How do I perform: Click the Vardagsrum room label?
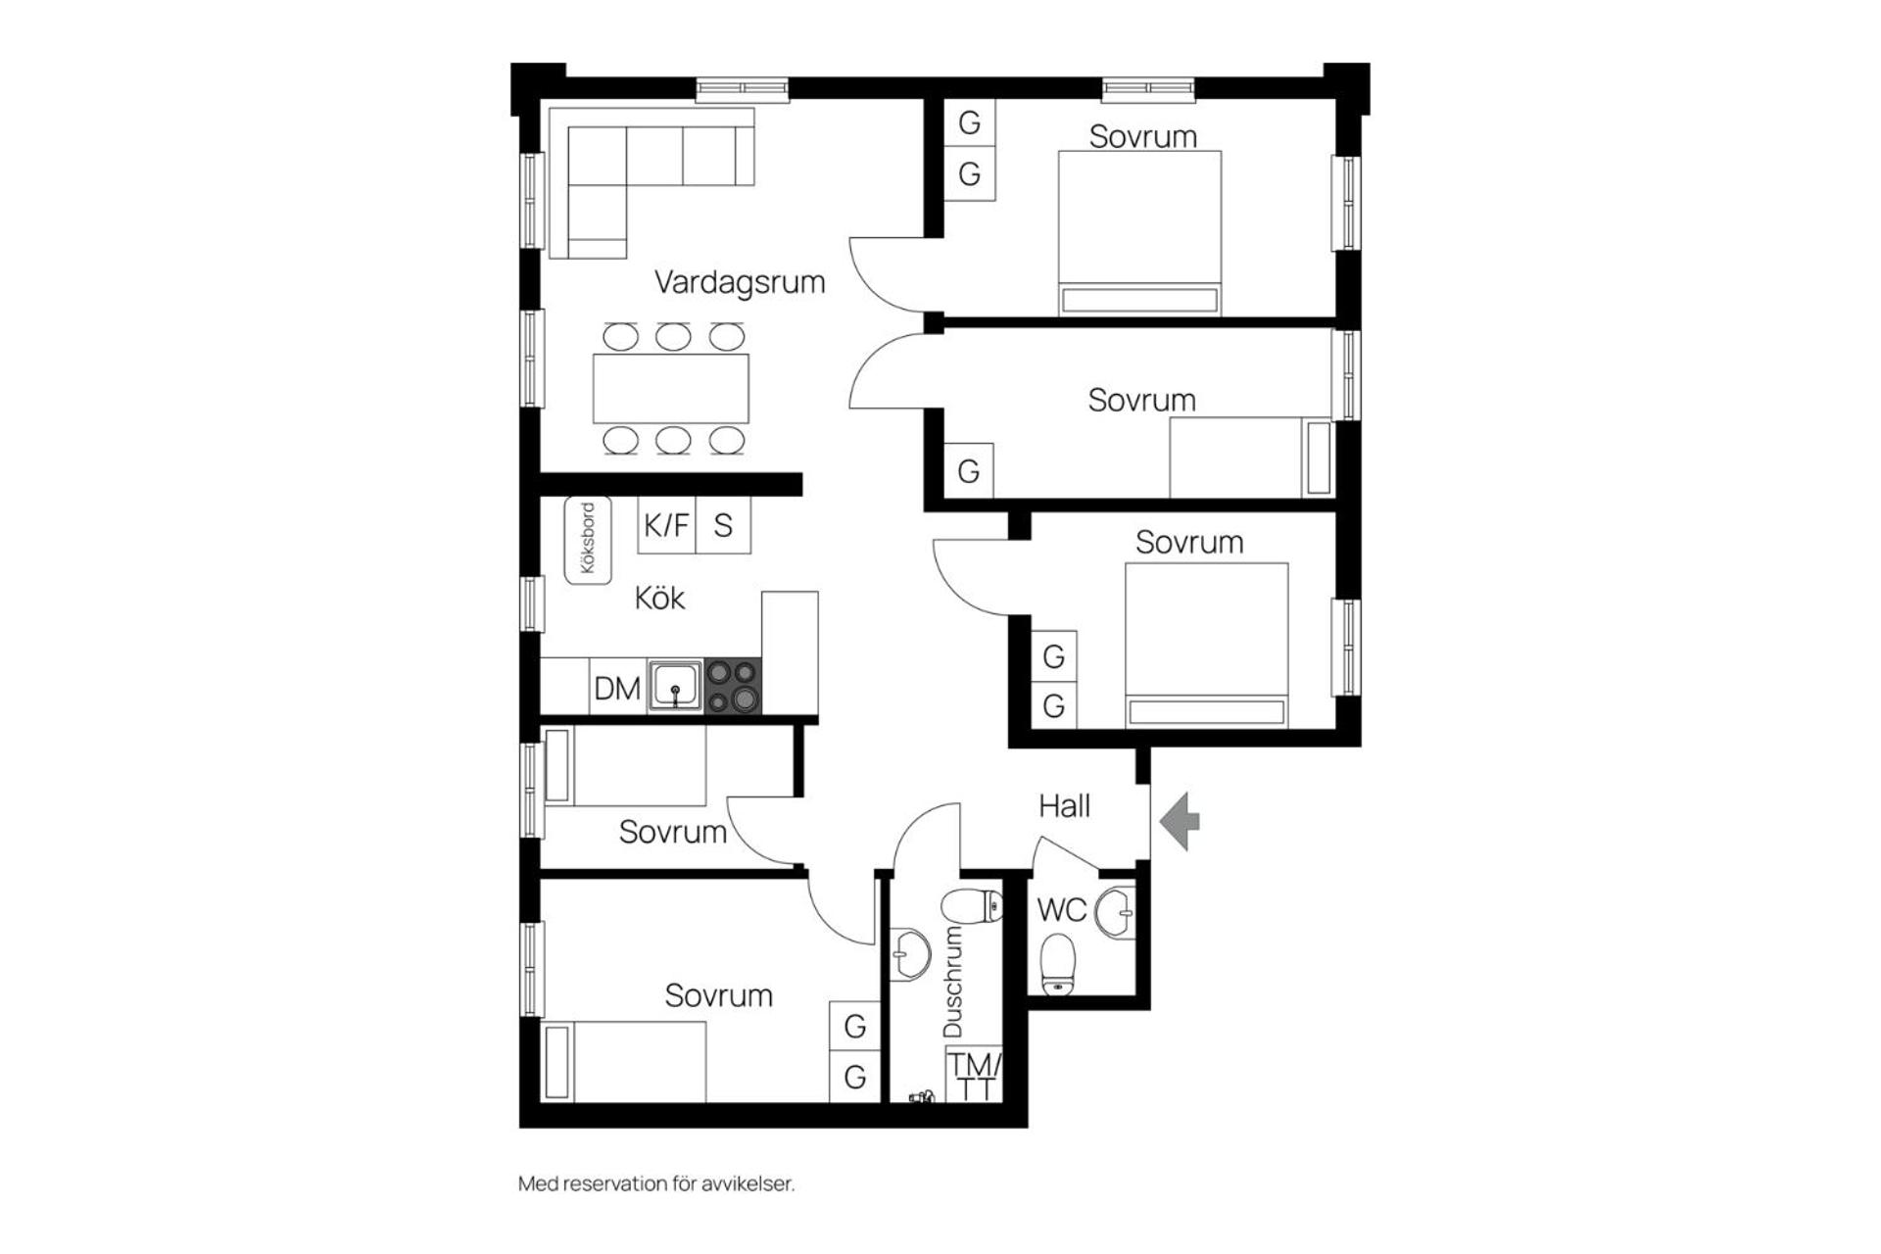tap(740, 282)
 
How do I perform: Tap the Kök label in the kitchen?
tap(659, 598)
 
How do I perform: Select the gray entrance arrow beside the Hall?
tap(1180, 821)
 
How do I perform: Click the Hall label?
tap(1064, 806)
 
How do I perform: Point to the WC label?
tap(1062, 910)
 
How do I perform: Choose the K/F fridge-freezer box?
tap(666, 525)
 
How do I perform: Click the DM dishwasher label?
tap(617, 689)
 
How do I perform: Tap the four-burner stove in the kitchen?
tap(733, 685)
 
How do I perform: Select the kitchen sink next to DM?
tap(676, 685)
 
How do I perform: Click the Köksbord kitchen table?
tap(588, 540)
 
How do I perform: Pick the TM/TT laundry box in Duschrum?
tap(974, 1075)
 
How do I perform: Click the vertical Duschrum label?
tap(952, 983)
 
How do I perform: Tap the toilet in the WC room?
tap(1058, 965)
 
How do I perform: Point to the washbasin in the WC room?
tap(1116, 913)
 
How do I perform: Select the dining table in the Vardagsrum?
tap(671, 388)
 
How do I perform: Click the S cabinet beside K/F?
tap(723, 525)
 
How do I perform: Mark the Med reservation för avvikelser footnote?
tap(656, 1183)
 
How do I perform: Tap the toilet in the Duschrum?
tap(972, 905)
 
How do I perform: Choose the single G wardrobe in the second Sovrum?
tap(968, 471)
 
